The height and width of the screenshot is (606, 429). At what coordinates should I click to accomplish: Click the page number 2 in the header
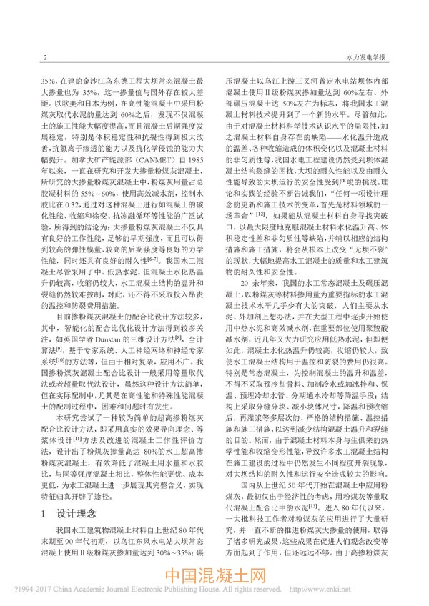45,56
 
